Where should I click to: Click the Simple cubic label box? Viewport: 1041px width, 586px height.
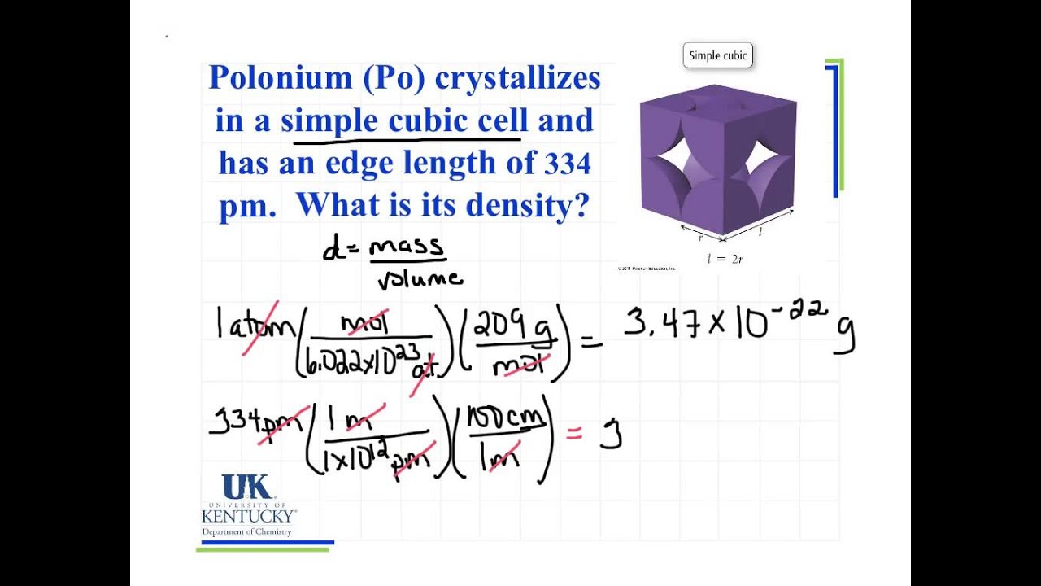[717, 55]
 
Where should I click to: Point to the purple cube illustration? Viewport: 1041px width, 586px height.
[717, 163]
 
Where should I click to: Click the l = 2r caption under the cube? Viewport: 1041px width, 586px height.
[726, 260]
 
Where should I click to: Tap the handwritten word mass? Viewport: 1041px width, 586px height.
[407, 247]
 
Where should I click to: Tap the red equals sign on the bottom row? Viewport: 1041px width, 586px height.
[574, 435]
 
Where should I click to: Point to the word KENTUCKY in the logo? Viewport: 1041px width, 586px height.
[248, 516]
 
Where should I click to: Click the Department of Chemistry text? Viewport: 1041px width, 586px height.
[246, 532]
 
